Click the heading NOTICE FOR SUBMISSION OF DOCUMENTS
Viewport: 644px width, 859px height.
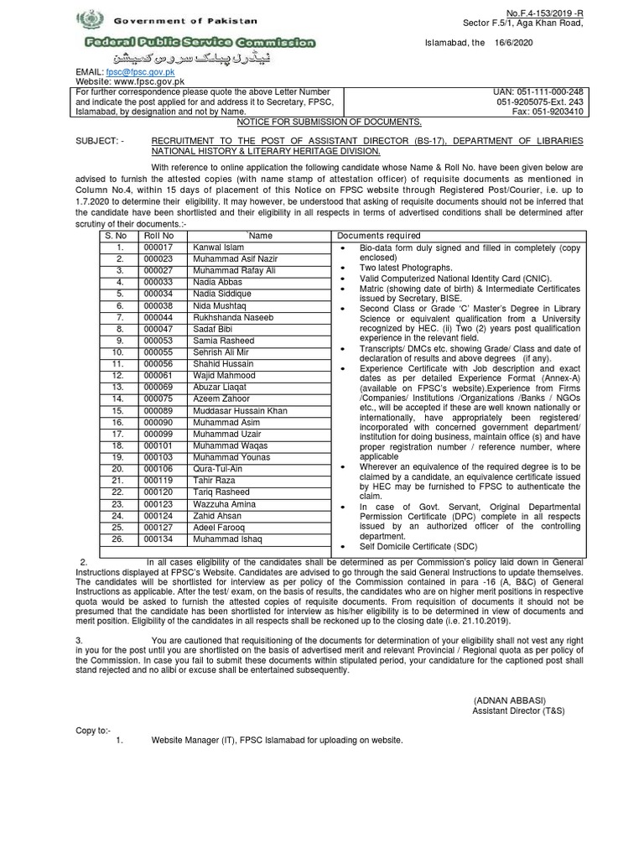[x=321, y=122]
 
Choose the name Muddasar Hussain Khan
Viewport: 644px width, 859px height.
[x=240, y=411]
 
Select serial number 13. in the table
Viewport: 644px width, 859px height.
[x=121, y=388]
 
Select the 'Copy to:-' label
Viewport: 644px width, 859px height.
[x=95, y=731]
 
